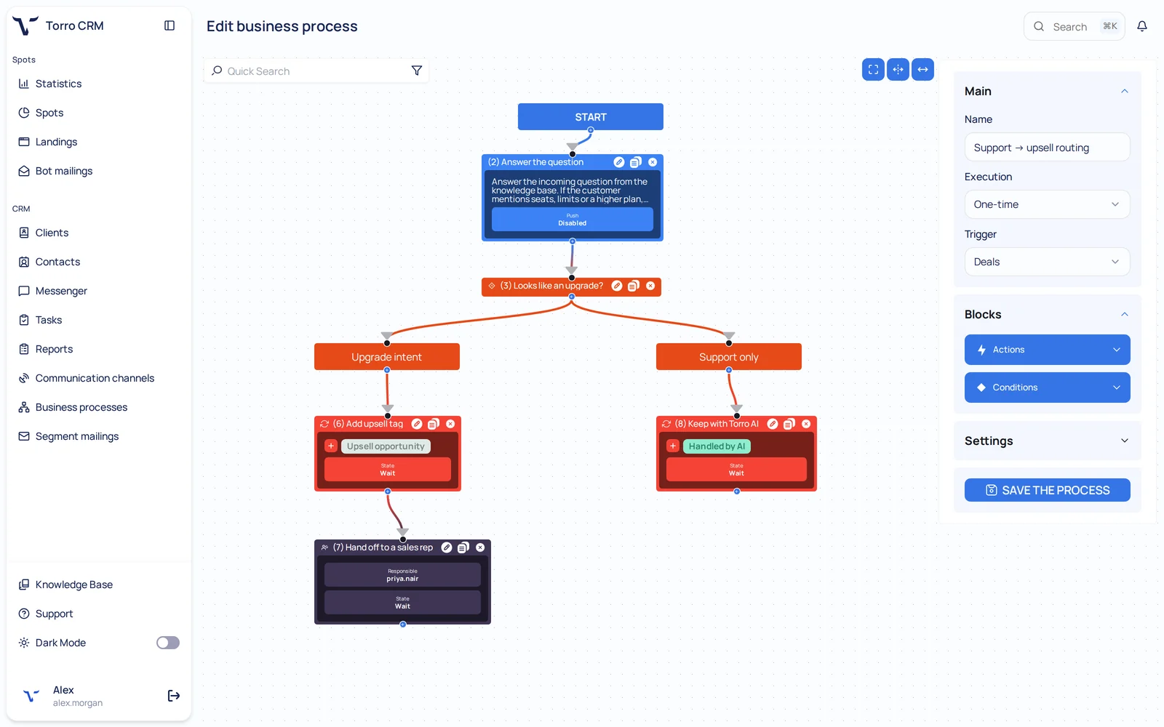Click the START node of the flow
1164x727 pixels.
click(x=590, y=117)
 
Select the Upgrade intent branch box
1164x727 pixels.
click(x=386, y=357)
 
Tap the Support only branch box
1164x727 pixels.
click(x=728, y=357)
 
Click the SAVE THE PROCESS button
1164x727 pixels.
click(x=1047, y=490)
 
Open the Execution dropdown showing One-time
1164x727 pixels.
click(x=1047, y=204)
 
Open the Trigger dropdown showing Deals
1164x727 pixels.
click(x=1047, y=262)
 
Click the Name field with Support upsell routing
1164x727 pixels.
click(x=1047, y=148)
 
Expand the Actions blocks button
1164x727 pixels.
click(x=1047, y=350)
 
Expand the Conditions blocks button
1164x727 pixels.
click(x=1047, y=387)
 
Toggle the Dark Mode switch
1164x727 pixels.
click(x=168, y=643)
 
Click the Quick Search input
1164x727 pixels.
click(x=312, y=71)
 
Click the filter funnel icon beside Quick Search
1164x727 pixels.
click(x=417, y=71)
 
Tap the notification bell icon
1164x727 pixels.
click(x=1142, y=26)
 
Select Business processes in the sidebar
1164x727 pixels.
click(x=81, y=407)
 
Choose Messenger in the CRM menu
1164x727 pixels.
click(x=61, y=291)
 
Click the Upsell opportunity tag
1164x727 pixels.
click(x=386, y=446)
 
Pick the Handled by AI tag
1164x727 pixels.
click(x=717, y=446)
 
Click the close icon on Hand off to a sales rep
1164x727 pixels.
click(x=480, y=547)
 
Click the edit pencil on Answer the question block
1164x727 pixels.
click(x=618, y=162)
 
